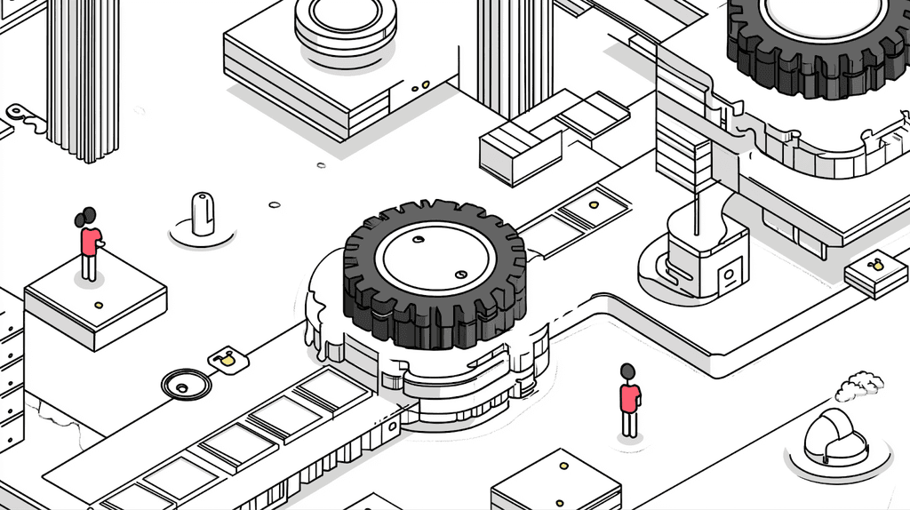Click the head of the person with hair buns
pyautogui.click(x=87, y=217)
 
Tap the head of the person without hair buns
pyautogui.click(x=628, y=371)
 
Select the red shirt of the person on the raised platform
pyautogui.click(x=90, y=241)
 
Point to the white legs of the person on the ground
pyautogui.click(x=629, y=424)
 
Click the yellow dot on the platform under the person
pyautogui.click(x=98, y=306)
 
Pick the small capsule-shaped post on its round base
pyautogui.click(x=203, y=215)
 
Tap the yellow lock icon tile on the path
pyautogui.click(x=227, y=360)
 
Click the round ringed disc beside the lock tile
pyautogui.click(x=186, y=385)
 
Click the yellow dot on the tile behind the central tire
pyautogui.click(x=593, y=204)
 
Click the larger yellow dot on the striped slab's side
pyautogui.click(x=426, y=84)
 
